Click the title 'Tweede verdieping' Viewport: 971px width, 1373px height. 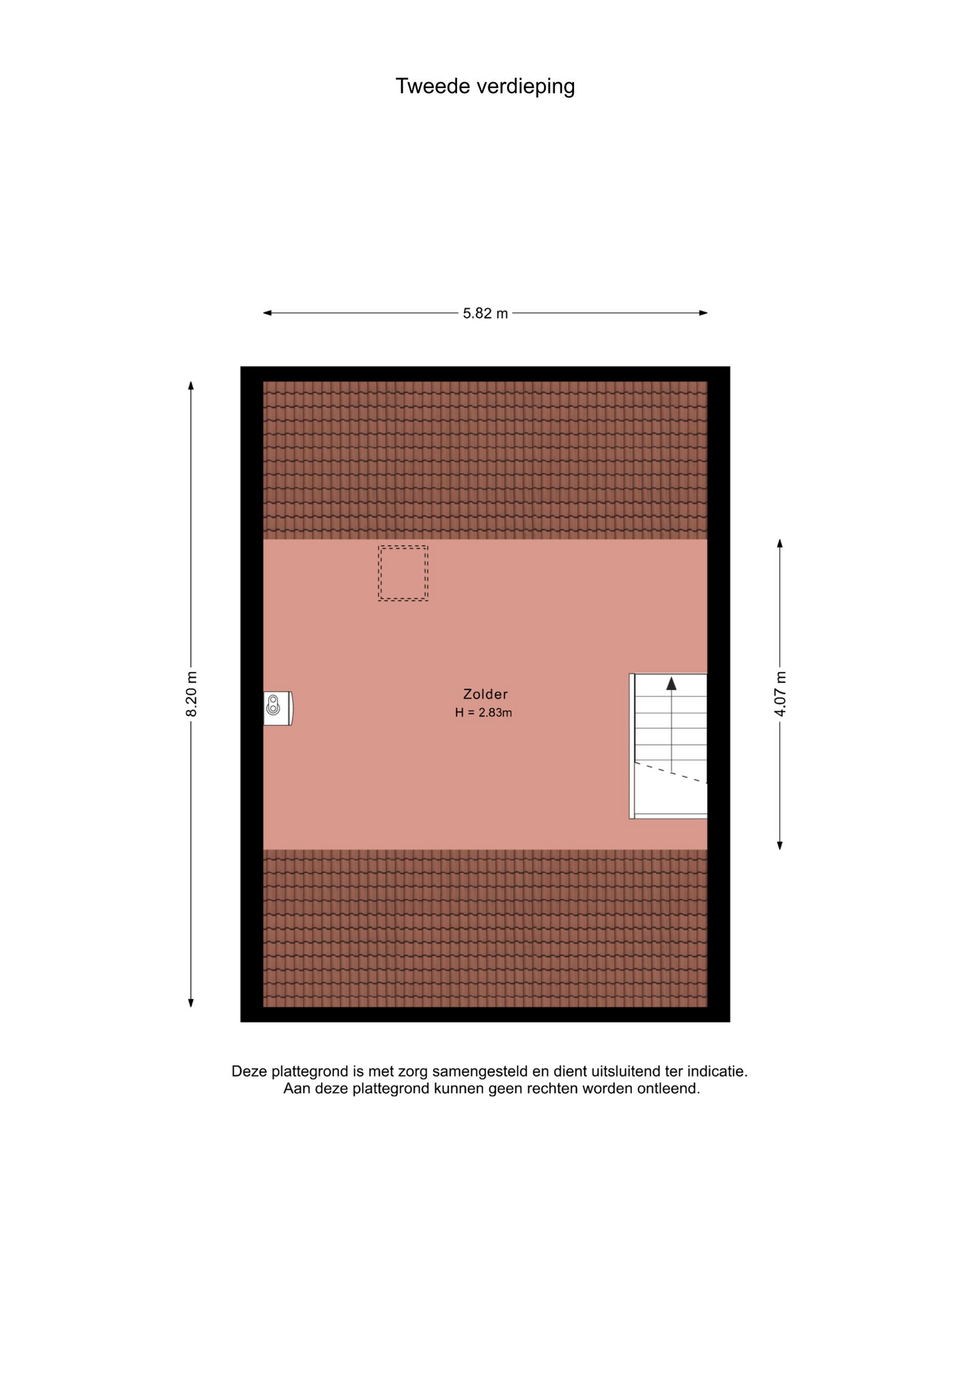[x=485, y=87]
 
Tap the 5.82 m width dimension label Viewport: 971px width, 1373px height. [x=485, y=313]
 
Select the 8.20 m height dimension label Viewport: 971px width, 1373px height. [x=191, y=694]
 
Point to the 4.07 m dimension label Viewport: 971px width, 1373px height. [x=780, y=694]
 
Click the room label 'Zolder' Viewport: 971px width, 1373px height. [x=485, y=694]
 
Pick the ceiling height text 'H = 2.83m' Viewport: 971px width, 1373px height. [x=483, y=712]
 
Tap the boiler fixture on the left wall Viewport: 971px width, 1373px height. [x=278, y=708]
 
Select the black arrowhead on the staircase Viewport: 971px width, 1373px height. [x=671, y=684]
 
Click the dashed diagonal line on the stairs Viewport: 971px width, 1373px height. [x=671, y=772]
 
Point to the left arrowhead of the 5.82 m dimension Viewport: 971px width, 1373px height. [x=267, y=313]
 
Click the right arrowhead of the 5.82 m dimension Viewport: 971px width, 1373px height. [x=704, y=313]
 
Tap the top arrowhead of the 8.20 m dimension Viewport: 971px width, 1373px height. [x=191, y=386]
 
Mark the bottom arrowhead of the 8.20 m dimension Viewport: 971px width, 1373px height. [x=191, y=1003]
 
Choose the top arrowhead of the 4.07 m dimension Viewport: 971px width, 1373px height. [x=780, y=543]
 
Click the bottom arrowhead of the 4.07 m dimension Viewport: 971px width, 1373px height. [x=780, y=845]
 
